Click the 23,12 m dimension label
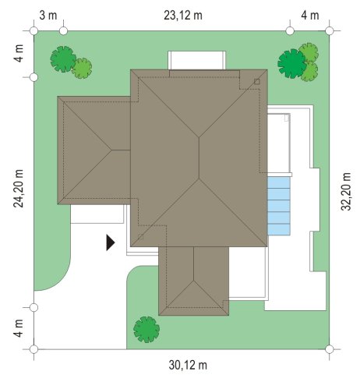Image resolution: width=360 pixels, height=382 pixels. (x=183, y=16)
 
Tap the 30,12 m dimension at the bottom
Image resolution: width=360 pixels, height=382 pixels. (x=188, y=365)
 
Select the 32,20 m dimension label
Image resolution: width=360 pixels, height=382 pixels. (x=346, y=191)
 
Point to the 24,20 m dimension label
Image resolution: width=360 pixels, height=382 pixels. (x=18, y=189)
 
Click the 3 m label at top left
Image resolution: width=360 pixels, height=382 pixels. (x=48, y=16)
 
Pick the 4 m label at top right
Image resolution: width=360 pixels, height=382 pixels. (x=310, y=16)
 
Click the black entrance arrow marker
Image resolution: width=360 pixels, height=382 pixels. (x=111, y=242)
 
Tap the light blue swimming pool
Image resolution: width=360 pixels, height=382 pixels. (x=279, y=206)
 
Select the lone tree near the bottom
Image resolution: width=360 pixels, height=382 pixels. (x=146, y=329)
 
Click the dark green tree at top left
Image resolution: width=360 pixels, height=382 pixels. (x=63, y=59)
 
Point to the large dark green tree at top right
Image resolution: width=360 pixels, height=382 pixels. (x=292, y=64)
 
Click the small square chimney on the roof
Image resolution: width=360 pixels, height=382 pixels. (x=257, y=82)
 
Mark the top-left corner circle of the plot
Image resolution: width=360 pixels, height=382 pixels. (x=34, y=31)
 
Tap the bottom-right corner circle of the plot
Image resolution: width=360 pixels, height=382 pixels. (x=329, y=349)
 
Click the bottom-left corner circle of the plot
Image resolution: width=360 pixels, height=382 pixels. (x=34, y=349)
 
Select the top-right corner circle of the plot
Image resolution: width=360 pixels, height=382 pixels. (x=329, y=31)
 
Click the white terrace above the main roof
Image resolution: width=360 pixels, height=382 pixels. (x=196, y=60)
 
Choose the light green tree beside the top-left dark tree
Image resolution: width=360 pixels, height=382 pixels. (x=82, y=69)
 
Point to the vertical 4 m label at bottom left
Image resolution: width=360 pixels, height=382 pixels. (x=18, y=328)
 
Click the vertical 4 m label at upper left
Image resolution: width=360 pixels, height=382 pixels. (x=18, y=53)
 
